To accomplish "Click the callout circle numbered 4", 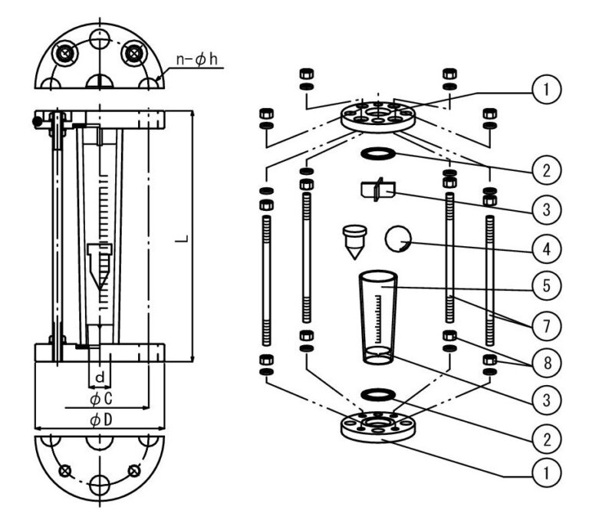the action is (x=547, y=248).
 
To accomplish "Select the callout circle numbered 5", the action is (x=547, y=285).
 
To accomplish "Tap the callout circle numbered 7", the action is (x=547, y=326).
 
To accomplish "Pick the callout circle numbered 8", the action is (x=547, y=363).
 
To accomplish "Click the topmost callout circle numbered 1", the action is (x=547, y=90).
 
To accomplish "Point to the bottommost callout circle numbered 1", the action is (x=547, y=472).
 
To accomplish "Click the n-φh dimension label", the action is (x=196, y=59).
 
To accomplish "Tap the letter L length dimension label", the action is (x=182, y=239).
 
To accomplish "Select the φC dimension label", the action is (x=101, y=399).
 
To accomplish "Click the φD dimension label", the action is (x=101, y=420).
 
